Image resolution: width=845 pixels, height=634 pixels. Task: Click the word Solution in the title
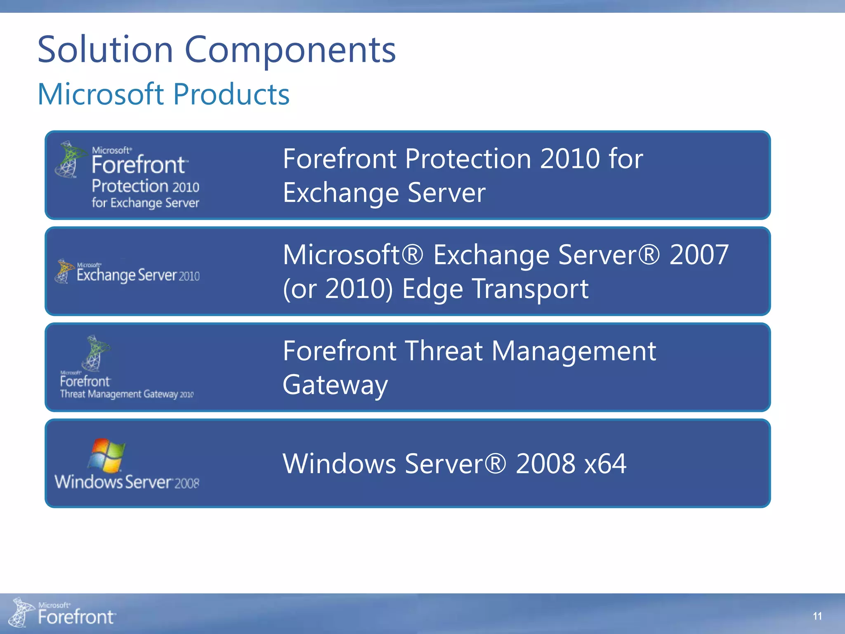tap(105, 50)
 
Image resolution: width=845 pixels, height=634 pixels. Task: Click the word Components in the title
tap(290, 50)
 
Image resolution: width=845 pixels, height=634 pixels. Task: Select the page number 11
tap(817, 616)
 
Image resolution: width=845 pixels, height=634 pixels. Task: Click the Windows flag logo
tap(106, 455)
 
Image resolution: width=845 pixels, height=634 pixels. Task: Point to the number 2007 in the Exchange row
tap(699, 255)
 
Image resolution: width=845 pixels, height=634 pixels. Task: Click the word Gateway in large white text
tap(335, 385)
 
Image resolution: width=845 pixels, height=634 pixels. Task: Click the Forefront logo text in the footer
tap(76, 617)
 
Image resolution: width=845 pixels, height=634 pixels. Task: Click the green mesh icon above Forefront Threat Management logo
tap(95, 353)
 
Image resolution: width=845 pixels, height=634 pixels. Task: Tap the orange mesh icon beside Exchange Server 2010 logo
tap(64, 271)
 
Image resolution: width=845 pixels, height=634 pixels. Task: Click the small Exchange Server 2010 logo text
tap(138, 275)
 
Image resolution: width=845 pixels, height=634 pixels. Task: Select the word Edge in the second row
tap(432, 289)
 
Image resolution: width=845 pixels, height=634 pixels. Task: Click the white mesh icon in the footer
tap(21, 612)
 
